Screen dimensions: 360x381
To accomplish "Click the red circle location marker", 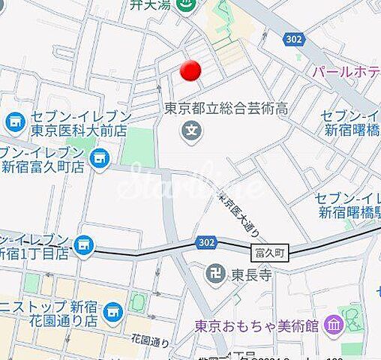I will [191, 70].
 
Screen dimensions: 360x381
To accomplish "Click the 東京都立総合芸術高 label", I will [226, 109].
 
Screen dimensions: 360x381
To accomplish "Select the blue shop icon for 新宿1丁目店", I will [85, 244].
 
